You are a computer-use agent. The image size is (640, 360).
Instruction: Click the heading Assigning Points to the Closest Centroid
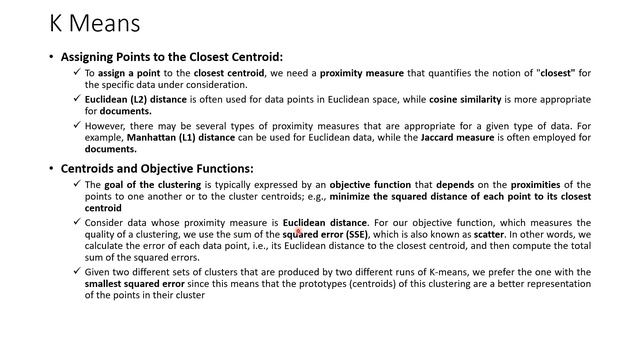coord(171,57)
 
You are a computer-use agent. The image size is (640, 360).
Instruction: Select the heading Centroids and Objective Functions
coord(157,168)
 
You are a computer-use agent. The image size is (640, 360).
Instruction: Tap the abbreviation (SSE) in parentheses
coord(351,235)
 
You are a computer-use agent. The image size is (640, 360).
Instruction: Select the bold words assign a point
coord(128,73)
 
